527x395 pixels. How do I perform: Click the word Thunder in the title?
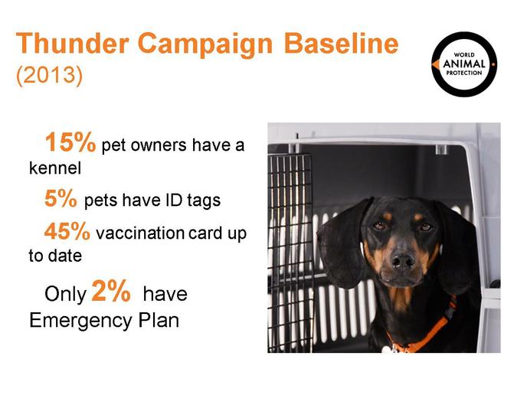click(72, 44)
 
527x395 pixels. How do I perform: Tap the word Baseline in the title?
click(341, 44)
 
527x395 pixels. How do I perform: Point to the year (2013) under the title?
click(49, 75)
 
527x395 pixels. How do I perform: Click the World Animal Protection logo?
click(464, 64)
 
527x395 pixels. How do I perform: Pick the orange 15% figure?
click(70, 142)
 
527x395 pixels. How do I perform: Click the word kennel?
click(55, 168)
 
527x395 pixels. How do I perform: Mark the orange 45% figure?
click(67, 231)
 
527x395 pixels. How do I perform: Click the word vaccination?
click(140, 233)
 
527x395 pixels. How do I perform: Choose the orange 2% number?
click(111, 291)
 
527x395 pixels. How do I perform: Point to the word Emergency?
click(80, 321)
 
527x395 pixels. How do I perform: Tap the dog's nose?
click(404, 260)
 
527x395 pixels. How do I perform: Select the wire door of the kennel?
click(290, 252)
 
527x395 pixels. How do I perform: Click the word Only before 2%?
click(66, 295)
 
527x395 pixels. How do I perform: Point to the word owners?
click(159, 145)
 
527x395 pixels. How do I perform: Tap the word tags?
click(204, 201)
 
